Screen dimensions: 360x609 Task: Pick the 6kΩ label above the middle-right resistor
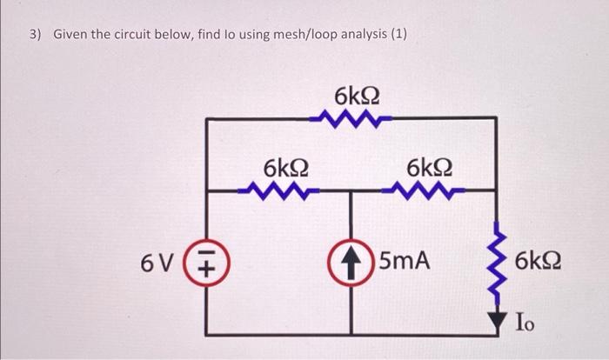pos(429,166)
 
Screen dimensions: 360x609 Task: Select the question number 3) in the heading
pos(35,35)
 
